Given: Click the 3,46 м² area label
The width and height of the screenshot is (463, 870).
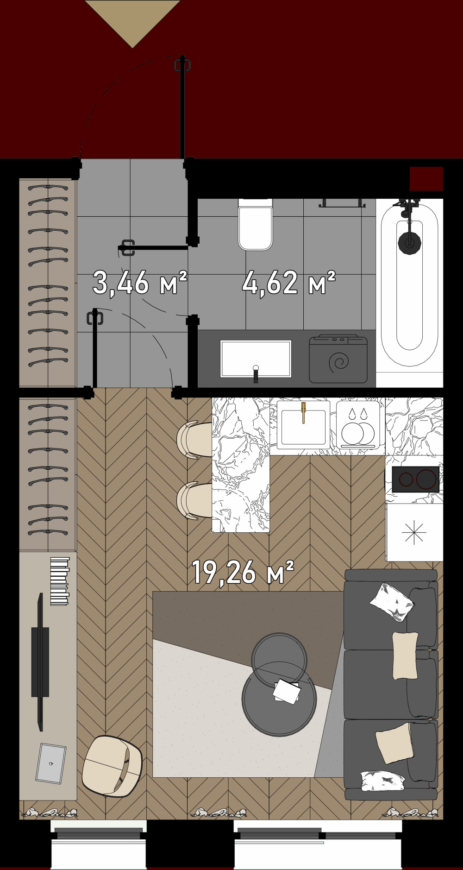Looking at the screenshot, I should click(x=139, y=283).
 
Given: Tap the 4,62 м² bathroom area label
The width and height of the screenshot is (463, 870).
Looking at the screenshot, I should click(x=288, y=283).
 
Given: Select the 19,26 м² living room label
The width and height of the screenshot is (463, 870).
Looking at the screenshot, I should click(x=243, y=573).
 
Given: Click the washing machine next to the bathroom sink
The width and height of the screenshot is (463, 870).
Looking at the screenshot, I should click(x=338, y=359).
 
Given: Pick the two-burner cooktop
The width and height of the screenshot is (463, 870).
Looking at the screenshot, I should click(x=415, y=479).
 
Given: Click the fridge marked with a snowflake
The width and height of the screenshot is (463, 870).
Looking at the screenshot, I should click(x=413, y=532).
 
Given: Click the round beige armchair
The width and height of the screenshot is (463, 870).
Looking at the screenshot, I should click(x=112, y=766).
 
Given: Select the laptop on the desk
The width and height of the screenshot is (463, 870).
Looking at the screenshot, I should click(x=50, y=763).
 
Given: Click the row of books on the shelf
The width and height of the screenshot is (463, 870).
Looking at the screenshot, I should click(x=60, y=581).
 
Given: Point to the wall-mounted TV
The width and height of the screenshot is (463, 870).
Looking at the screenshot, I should click(x=40, y=662).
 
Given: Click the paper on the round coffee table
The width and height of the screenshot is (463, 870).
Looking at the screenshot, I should click(x=286, y=692).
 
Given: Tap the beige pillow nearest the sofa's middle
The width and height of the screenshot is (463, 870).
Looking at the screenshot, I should click(x=405, y=656).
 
